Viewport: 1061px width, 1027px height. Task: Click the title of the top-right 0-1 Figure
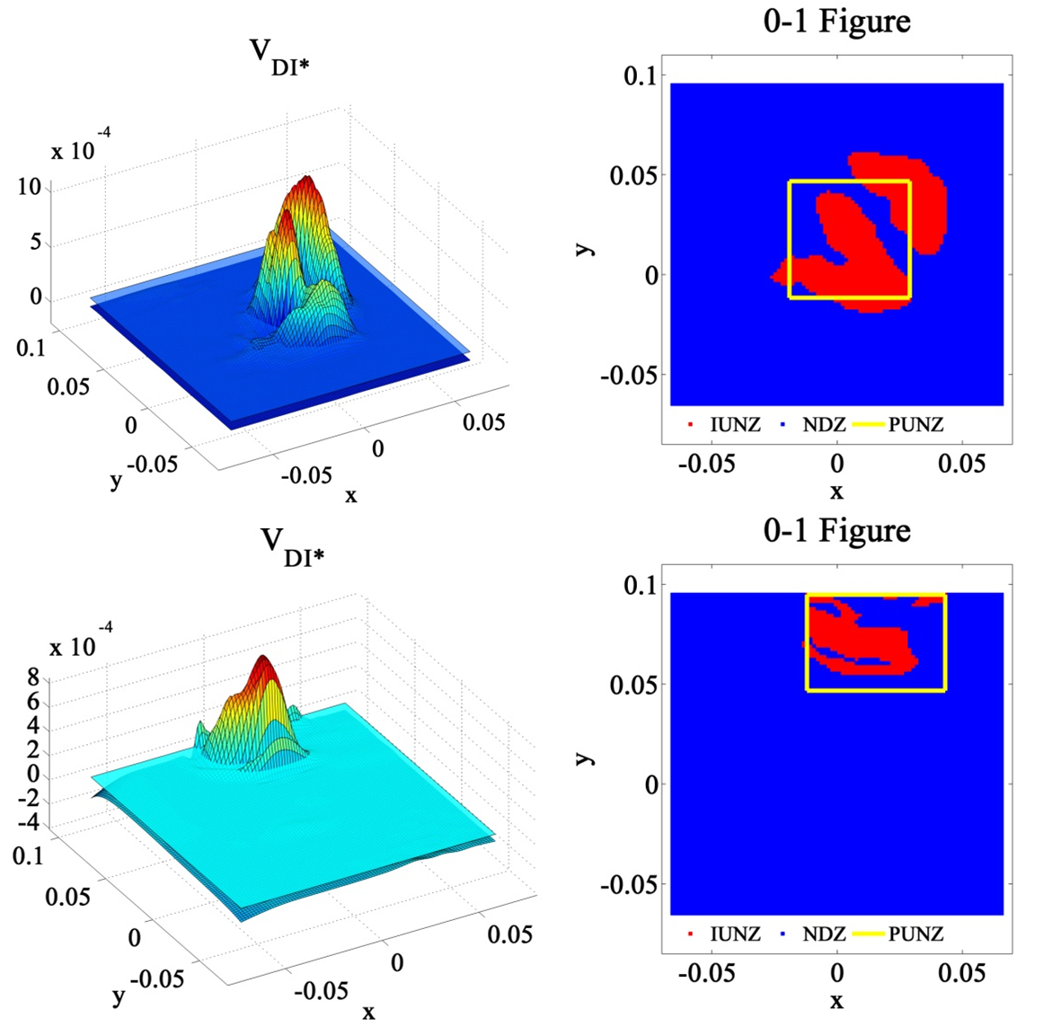click(x=836, y=21)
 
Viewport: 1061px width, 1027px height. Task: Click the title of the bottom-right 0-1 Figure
click(x=836, y=530)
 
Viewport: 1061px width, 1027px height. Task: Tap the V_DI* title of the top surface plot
click(x=279, y=56)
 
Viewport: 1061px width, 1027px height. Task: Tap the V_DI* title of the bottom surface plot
click(x=291, y=546)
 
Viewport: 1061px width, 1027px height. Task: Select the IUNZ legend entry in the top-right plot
click(x=734, y=425)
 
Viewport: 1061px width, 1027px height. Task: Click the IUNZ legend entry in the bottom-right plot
click(x=734, y=934)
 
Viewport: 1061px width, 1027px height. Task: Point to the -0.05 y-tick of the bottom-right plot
click(x=629, y=884)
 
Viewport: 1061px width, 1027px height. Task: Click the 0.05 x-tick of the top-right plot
click(x=962, y=464)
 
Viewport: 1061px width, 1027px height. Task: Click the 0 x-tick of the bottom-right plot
click(x=836, y=973)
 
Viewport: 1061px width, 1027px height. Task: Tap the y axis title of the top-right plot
click(x=585, y=245)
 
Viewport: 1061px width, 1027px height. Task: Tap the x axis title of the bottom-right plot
click(x=836, y=1001)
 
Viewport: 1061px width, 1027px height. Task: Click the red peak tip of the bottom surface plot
click(x=267, y=659)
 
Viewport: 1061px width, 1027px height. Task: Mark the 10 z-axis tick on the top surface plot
click(x=30, y=187)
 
